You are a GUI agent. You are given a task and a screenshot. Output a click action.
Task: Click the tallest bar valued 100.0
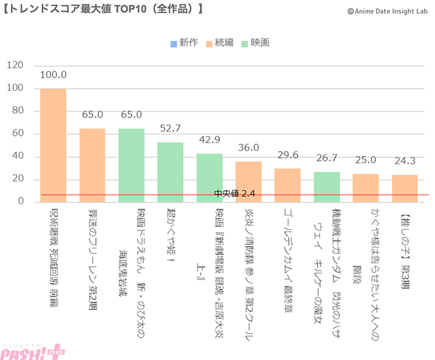click(x=53, y=145)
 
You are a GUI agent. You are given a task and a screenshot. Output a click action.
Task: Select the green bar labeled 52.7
click(x=170, y=172)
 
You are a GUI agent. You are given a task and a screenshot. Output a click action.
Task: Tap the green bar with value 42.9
click(x=209, y=177)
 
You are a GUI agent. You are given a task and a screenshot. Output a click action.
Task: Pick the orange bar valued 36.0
click(x=248, y=181)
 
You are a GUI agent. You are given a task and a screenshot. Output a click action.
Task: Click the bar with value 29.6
click(x=288, y=185)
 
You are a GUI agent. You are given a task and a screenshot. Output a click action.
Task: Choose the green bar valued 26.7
click(x=327, y=187)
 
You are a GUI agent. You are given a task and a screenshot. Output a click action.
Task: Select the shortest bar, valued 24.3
click(x=405, y=188)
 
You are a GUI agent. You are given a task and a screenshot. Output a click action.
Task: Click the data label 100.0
click(x=53, y=75)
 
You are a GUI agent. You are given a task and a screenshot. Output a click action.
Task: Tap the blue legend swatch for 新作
click(x=173, y=43)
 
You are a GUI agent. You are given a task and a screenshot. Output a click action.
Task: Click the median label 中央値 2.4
click(x=234, y=194)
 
